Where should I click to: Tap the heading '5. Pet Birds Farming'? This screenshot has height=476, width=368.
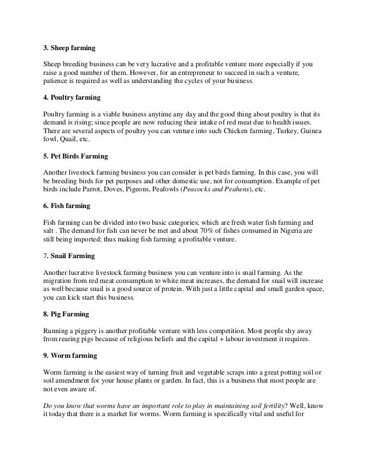(77, 156)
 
